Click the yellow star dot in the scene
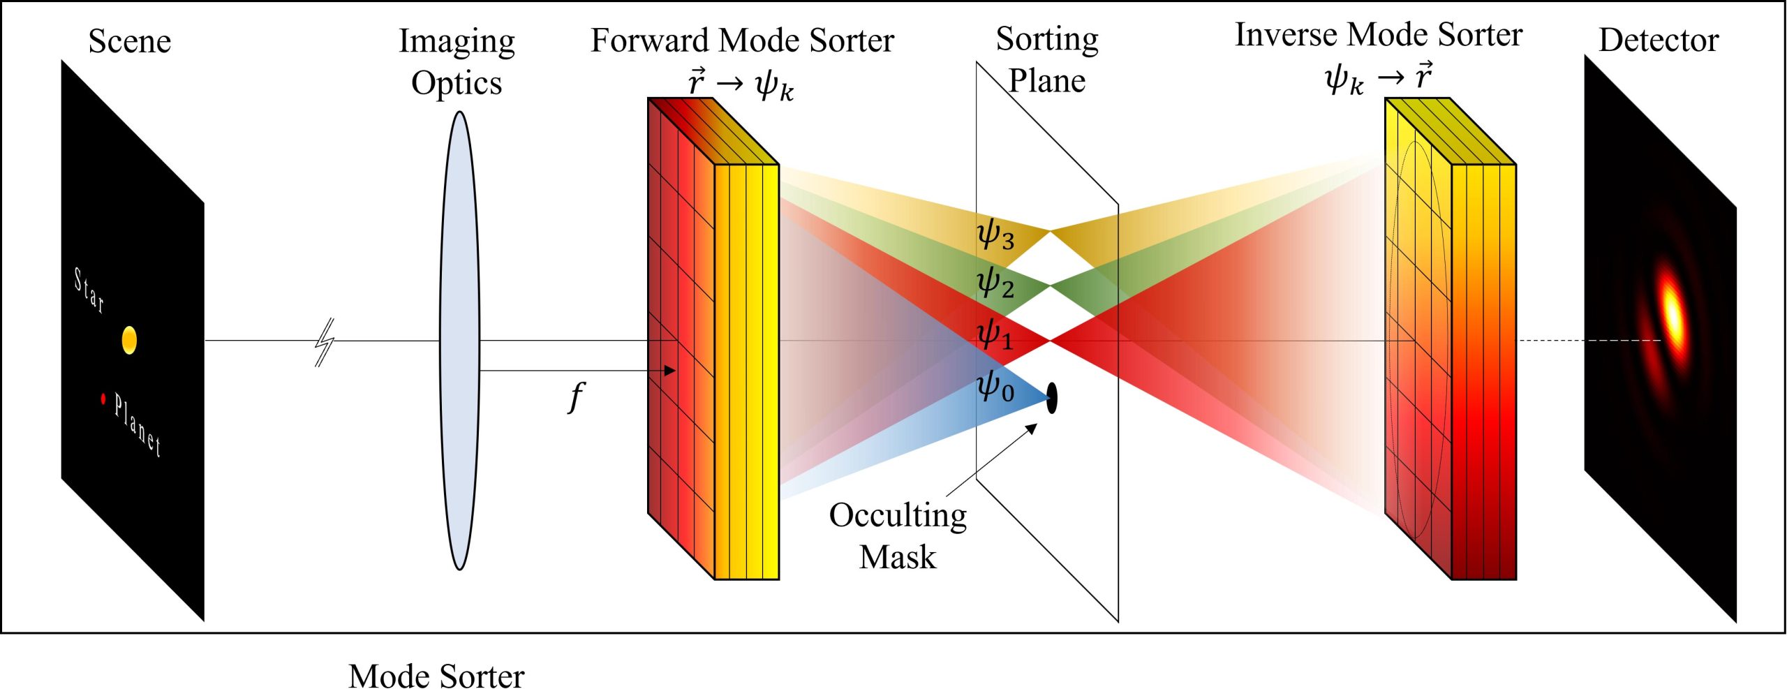(x=129, y=341)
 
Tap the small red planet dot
(x=103, y=399)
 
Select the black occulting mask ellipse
(x=1052, y=398)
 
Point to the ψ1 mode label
(x=995, y=334)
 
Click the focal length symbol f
(x=576, y=397)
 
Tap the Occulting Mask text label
(x=898, y=536)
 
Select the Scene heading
(x=129, y=41)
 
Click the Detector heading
(x=1659, y=40)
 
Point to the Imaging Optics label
(x=457, y=62)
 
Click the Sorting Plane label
(x=1047, y=60)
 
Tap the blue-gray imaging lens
(x=459, y=341)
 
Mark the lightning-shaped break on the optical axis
(x=325, y=342)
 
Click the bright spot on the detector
(x=1673, y=313)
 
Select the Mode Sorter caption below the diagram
(x=436, y=675)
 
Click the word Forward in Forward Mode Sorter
(x=649, y=40)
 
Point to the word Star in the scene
(x=89, y=290)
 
